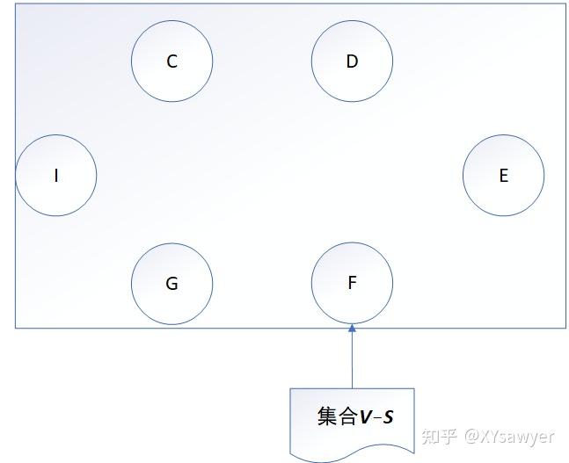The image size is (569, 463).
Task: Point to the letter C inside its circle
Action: point(172,61)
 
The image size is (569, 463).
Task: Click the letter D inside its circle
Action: point(352,61)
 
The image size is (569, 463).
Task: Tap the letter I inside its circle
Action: point(56,176)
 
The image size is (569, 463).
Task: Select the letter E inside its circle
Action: point(503,176)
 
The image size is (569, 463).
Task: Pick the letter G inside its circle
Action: point(172,283)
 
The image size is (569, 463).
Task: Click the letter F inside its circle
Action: point(352,283)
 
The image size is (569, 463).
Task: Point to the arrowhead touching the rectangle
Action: point(352,329)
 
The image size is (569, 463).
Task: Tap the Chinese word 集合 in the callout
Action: point(337,416)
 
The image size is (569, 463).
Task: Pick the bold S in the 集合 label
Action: point(388,417)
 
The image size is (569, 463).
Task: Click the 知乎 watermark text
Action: point(439,436)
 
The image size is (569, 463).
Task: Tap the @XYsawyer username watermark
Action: point(511,436)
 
